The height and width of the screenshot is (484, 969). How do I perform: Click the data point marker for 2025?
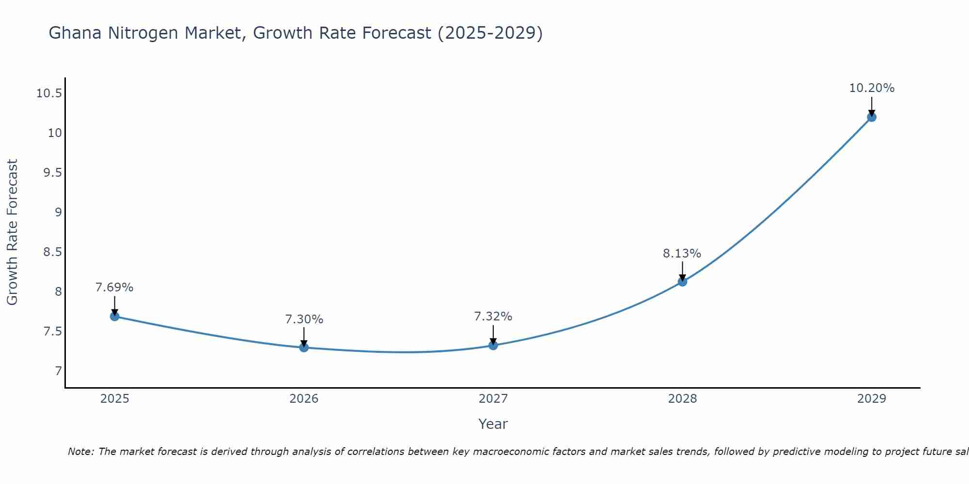pyautogui.click(x=115, y=317)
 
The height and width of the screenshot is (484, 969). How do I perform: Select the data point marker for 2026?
pyautogui.click(x=304, y=347)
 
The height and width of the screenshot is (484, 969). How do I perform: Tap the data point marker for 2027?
pyautogui.click(x=493, y=345)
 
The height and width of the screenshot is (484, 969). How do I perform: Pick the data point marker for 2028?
pyautogui.click(x=682, y=281)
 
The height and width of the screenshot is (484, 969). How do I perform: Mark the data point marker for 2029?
pyautogui.click(x=872, y=117)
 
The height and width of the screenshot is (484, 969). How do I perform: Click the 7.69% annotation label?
pyautogui.click(x=114, y=287)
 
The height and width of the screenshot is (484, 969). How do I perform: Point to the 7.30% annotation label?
pyautogui.click(x=304, y=319)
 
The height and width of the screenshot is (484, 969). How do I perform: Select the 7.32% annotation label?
pyautogui.click(x=493, y=317)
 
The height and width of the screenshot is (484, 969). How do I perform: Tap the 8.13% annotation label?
pyautogui.click(x=682, y=254)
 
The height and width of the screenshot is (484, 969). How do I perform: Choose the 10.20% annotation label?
pyautogui.click(x=872, y=88)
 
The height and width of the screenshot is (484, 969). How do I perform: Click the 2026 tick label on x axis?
pyautogui.click(x=304, y=399)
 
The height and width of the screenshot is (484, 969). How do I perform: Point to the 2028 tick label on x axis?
pyautogui.click(x=682, y=399)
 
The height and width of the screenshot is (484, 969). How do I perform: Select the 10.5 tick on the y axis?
pyautogui.click(x=49, y=93)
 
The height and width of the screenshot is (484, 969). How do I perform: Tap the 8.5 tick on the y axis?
pyautogui.click(x=53, y=252)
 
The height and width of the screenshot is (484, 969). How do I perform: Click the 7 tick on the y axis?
pyautogui.click(x=59, y=371)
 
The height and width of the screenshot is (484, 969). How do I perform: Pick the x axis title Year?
pyautogui.click(x=493, y=424)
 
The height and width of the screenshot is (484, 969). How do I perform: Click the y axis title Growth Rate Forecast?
pyautogui.click(x=12, y=232)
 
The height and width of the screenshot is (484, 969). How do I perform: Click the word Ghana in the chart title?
pyautogui.click(x=76, y=33)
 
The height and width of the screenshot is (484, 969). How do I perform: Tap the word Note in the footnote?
pyautogui.click(x=81, y=452)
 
